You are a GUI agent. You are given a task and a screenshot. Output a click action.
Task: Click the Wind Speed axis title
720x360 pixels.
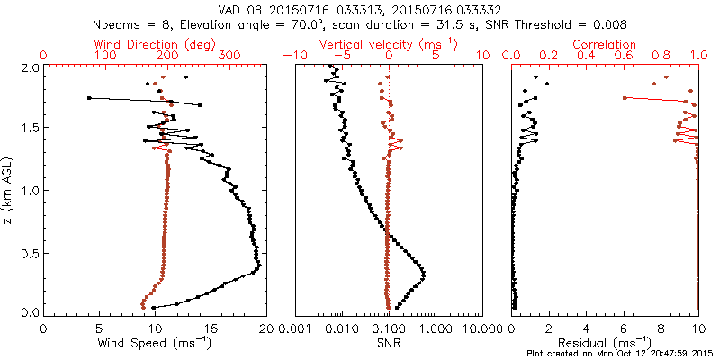[x=156, y=343]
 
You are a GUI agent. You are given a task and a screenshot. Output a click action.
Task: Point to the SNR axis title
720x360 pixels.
[x=388, y=343]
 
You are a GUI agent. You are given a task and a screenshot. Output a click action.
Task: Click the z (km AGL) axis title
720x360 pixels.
[x=8, y=190]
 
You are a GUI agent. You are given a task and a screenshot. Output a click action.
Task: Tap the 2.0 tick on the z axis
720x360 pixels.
[x=30, y=67]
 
